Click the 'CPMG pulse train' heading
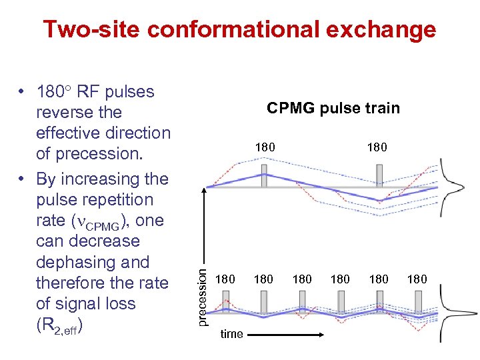[x=333, y=108]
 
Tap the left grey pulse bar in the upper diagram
[x=265, y=176]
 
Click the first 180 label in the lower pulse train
[x=226, y=279]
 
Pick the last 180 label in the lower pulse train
[x=417, y=279]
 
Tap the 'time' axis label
[x=231, y=334]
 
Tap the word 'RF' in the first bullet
[x=90, y=91]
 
